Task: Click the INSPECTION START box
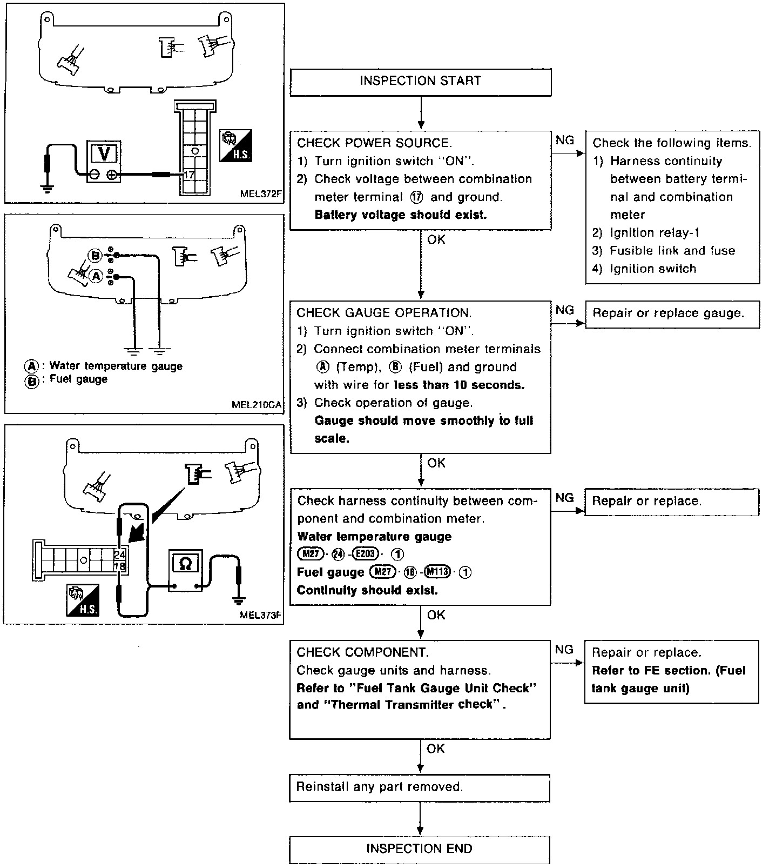point(420,82)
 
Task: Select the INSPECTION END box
point(419,849)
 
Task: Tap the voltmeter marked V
point(104,162)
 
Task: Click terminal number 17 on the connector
point(189,175)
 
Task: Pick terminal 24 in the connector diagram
point(120,555)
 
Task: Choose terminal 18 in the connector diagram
point(120,566)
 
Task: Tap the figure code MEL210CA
point(257,404)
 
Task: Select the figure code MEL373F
point(261,615)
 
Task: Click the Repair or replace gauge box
point(672,313)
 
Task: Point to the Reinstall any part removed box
point(419,787)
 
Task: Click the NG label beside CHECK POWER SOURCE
point(565,141)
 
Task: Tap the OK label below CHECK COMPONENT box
point(436,749)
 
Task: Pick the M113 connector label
point(437,572)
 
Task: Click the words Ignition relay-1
point(655,233)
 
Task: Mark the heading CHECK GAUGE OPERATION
point(384,313)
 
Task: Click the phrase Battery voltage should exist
point(400,215)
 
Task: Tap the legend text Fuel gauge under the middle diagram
point(78,379)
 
